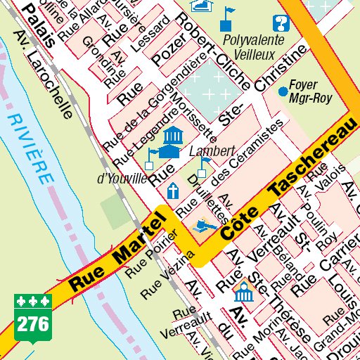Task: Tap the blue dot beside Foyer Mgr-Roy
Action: click(283, 91)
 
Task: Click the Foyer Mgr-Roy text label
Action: click(310, 91)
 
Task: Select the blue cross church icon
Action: click(172, 190)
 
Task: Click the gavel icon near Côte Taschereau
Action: click(203, 226)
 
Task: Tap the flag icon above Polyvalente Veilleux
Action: click(229, 16)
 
